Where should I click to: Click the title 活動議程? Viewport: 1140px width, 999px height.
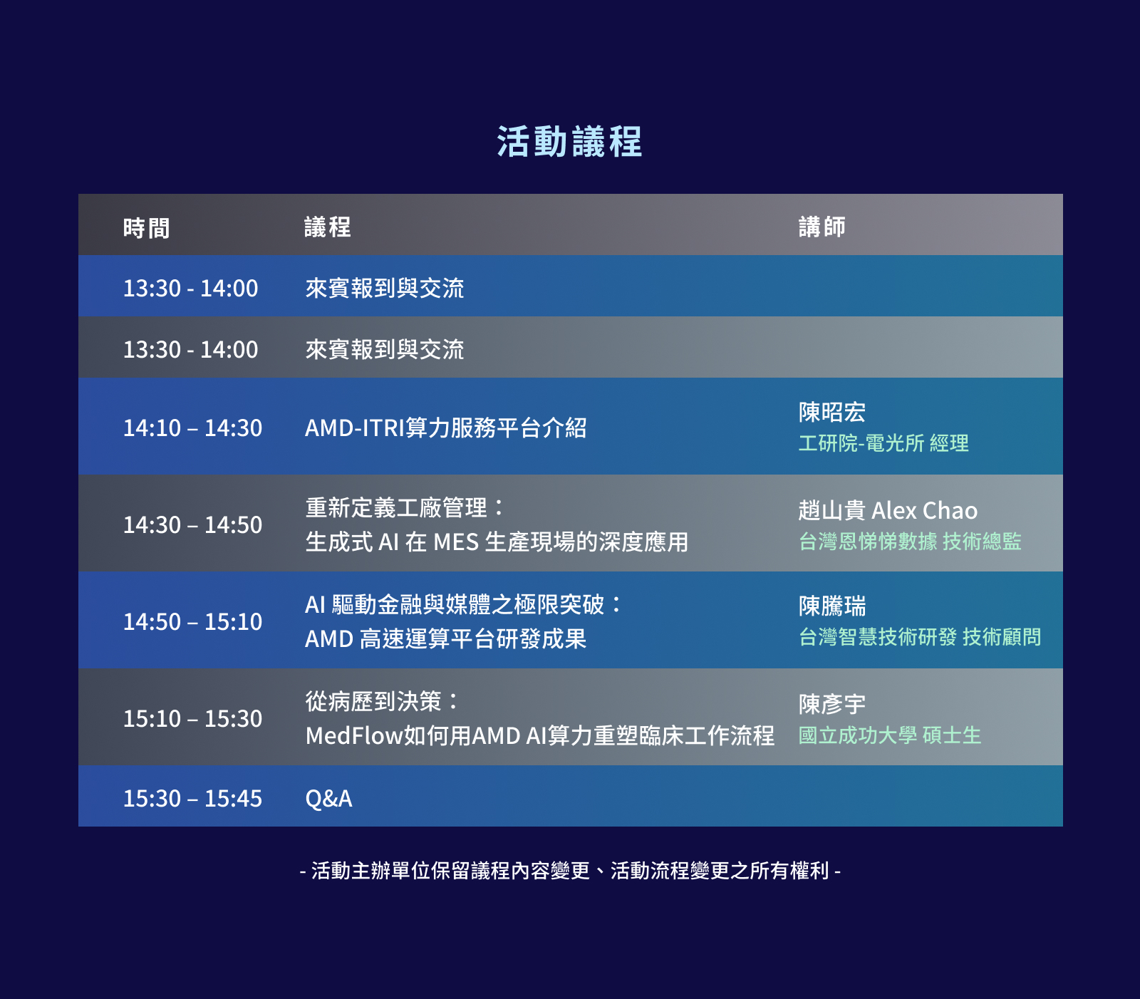coord(569,142)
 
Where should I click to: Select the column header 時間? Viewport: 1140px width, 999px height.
coord(146,228)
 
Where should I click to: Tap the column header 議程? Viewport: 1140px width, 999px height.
coord(328,227)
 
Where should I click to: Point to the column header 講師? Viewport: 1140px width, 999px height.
coord(822,227)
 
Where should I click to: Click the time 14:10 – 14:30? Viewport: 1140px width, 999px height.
coord(192,428)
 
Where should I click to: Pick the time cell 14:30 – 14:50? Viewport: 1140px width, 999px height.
coord(192,524)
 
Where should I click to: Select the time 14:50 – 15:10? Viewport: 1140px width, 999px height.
coord(192,621)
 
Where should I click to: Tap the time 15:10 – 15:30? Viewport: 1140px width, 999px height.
coord(192,718)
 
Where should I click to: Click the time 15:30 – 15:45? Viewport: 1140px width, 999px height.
coord(192,798)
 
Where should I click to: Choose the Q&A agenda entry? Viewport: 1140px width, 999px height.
coord(328,799)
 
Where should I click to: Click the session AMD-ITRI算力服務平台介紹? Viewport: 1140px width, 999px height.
coord(446,428)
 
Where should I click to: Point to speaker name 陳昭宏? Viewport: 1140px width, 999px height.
coord(832,412)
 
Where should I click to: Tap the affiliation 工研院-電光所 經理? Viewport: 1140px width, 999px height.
coord(883,443)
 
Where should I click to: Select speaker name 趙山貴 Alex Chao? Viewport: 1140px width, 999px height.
coord(888,510)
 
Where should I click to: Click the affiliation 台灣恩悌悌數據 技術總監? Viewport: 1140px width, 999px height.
coord(910,542)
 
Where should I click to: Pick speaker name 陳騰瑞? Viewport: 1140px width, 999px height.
coord(832,606)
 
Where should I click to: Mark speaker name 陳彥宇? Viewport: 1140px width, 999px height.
coord(832,704)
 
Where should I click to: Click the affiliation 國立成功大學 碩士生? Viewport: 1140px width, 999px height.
coord(890,735)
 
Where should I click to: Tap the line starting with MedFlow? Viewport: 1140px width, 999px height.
coord(539,735)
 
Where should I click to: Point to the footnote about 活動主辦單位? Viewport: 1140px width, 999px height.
coord(570,871)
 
